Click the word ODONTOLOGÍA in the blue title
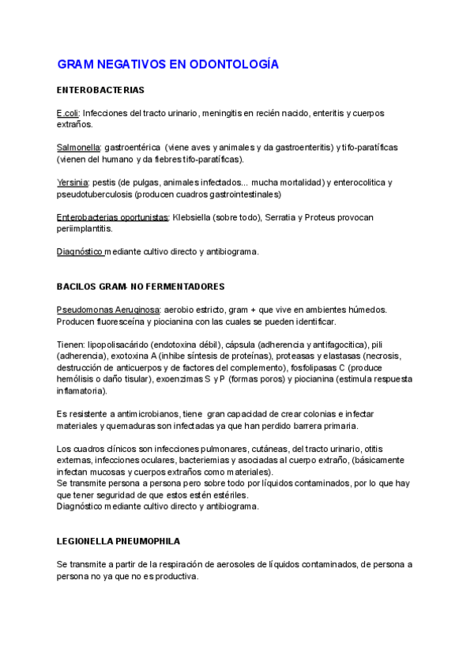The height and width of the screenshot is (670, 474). coord(235,63)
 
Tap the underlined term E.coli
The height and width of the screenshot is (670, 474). coord(67,113)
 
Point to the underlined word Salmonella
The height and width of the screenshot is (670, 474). coord(78,148)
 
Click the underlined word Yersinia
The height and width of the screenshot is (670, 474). coord(72,183)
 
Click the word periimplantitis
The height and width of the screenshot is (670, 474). coord(84,229)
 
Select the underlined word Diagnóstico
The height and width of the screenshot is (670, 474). coord(80,252)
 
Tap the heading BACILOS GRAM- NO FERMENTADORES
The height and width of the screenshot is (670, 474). coord(141,286)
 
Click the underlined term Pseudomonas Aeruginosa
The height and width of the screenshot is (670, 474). coord(108,310)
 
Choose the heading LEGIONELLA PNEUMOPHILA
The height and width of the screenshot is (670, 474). coord(118,541)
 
